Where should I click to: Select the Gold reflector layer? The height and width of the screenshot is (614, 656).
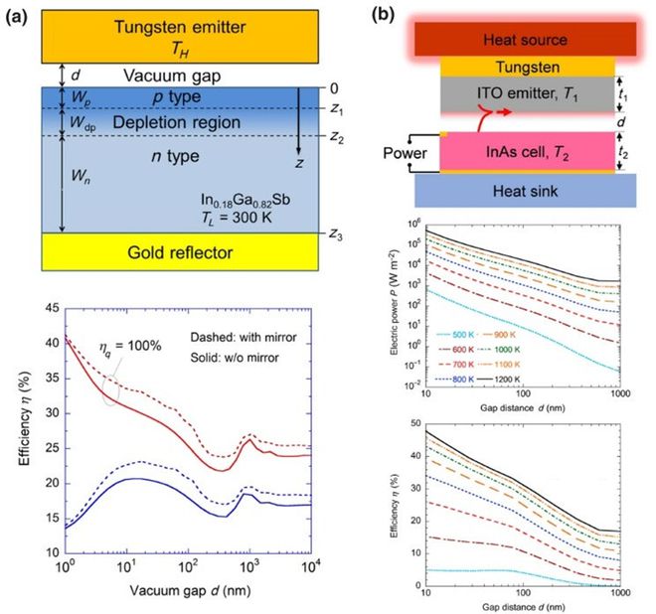coord(158,252)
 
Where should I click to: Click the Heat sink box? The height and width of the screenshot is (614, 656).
coord(525,189)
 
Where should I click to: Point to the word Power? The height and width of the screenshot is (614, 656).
coord(405,154)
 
